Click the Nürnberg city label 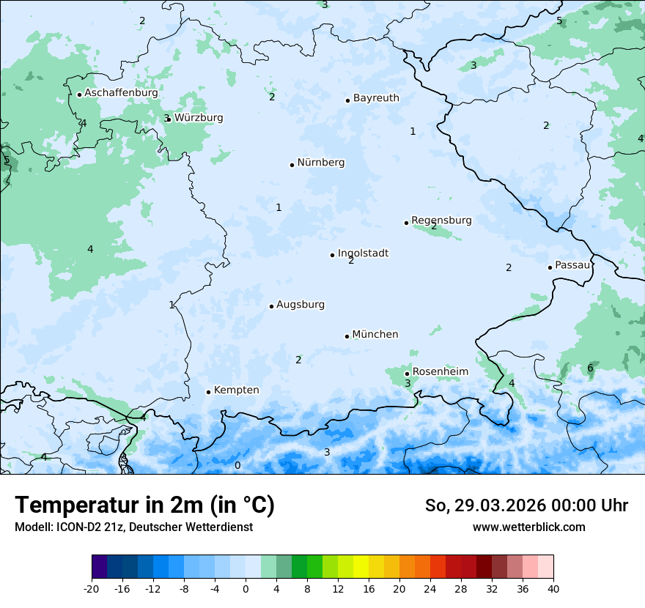tap(320, 163)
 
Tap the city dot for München tap(347, 336)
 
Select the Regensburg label tap(441, 220)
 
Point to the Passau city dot tap(550, 267)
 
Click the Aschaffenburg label tap(121, 93)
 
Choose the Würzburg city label tap(199, 118)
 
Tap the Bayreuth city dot tap(348, 100)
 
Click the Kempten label tap(236, 390)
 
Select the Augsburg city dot tap(271, 306)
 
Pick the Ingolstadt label tap(363, 253)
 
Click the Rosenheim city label tap(440, 372)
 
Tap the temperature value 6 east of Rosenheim tap(590, 368)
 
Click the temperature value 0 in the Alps tap(237, 465)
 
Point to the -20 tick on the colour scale tap(92, 588)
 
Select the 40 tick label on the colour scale tap(553, 588)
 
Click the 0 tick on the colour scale tap(246, 588)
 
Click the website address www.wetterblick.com tap(528, 527)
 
